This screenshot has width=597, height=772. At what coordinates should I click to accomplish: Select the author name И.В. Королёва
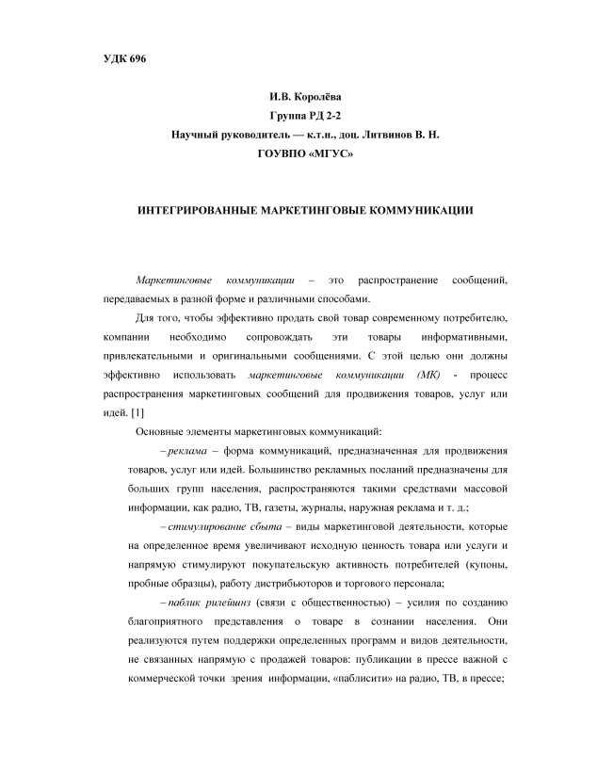(298, 95)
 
